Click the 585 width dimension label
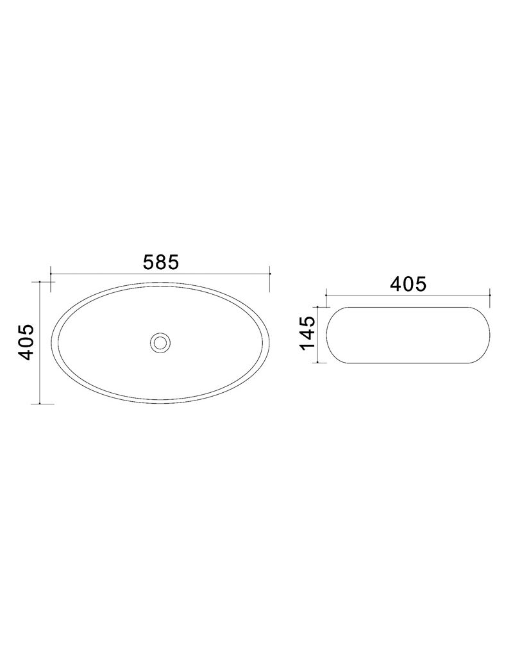click(160, 262)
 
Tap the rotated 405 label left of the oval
click(25, 342)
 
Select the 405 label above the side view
click(408, 284)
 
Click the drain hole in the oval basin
click(160, 342)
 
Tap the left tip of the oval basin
click(51, 342)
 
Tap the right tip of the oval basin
click(270, 342)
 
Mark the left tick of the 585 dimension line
click(51, 273)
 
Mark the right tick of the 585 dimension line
click(270, 273)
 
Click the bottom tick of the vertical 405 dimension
click(39, 404)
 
